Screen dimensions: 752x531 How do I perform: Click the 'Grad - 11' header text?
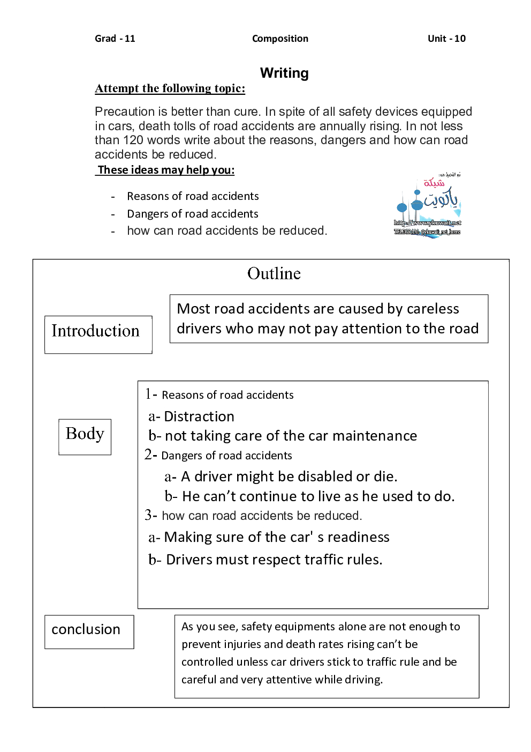(x=115, y=39)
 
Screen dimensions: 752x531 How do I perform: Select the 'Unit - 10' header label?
(x=446, y=39)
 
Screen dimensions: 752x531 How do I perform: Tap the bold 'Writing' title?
(x=284, y=73)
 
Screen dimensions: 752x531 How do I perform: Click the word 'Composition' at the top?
(x=280, y=39)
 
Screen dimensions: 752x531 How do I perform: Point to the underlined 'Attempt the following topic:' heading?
(x=170, y=88)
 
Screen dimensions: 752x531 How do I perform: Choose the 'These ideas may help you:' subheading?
(x=166, y=170)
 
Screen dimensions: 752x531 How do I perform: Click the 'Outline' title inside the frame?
(x=274, y=274)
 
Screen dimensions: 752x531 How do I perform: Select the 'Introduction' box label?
(x=95, y=331)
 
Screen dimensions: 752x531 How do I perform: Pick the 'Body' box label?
(x=85, y=434)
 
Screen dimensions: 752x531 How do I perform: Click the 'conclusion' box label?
(x=86, y=629)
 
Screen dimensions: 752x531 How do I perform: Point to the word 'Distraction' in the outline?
(x=199, y=416)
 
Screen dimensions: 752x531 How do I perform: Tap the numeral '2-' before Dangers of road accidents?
(x=150, y=455)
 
